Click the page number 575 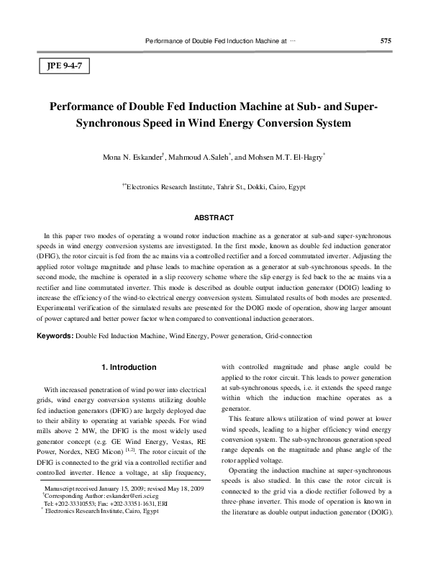click(x=386, y=40)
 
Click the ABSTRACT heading click(x=214, y=217)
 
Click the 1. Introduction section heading click(x=128, y=368)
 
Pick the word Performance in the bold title click(x=85, y=106)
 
